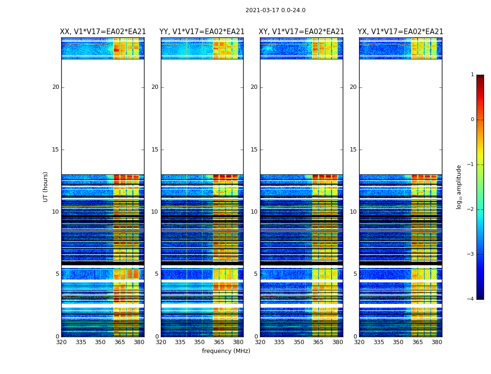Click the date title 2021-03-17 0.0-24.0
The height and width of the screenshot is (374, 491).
(x=275, y=10)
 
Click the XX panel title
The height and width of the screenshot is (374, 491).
(x=103, y=32)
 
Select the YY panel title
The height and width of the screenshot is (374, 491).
(x=202, y=32)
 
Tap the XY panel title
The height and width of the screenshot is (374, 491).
(x=302, y=32)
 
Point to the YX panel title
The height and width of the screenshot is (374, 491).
(x=400, y=32)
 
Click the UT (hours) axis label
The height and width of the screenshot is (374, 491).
(x=46, y=187)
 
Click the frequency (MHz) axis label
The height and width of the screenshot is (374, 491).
(x=226, y=351)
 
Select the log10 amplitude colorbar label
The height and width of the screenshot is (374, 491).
(x=459, y=187)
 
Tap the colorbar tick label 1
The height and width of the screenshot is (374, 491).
(x=472, y=75)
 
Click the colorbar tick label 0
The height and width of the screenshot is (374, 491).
(x=472, y=120)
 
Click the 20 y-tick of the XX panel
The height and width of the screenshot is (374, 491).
(x=56, y=87)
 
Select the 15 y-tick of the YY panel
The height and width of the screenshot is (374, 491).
(x=155, y=150)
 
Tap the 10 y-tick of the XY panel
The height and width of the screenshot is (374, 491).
(x=254, y=212)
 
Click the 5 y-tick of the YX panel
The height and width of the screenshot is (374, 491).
(x=355, y=274)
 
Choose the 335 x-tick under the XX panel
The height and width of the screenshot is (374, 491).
(x=81, y=342)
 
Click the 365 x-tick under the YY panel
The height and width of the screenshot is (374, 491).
(x=219, y=342)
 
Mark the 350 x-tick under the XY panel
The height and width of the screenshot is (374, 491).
(x=299, y=342)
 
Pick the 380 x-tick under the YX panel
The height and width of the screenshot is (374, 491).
(x=437, y=342)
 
